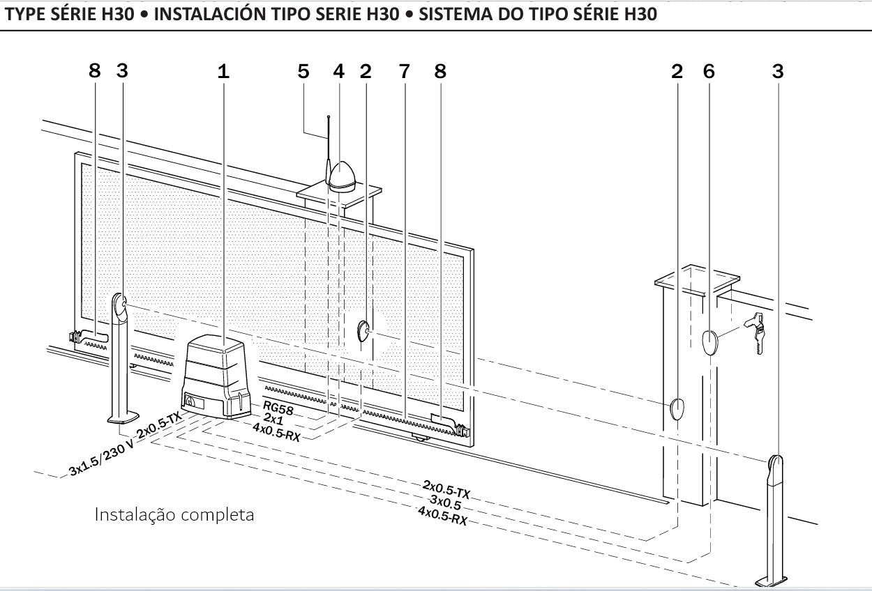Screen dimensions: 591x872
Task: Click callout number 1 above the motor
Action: point(223,71)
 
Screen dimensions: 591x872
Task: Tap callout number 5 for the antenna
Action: point(302,71)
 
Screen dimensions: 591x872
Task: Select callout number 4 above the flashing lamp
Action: point(338,71)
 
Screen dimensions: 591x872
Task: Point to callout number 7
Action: point(404,71)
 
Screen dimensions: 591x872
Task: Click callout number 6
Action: point(709,71)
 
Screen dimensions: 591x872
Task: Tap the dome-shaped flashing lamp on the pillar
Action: point(343,175)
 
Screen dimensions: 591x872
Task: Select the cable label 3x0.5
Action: point(447,502)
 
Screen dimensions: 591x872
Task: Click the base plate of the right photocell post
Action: point(772,578)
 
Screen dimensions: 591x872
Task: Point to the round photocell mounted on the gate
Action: point(365,330)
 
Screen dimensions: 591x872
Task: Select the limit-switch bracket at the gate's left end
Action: point(87,338)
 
